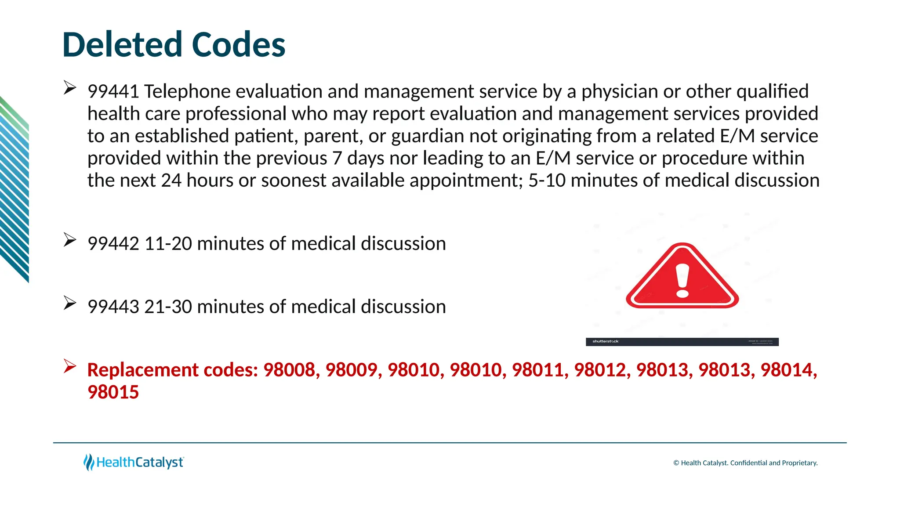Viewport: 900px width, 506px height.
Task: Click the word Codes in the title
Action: (239, 45)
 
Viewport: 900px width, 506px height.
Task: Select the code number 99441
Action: (113, 92)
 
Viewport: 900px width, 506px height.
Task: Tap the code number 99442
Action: (113, 244)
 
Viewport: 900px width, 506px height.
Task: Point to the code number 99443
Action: (113, 307)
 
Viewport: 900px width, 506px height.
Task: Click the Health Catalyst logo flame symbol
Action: (89, 463)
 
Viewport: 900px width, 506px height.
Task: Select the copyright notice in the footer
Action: (745, 463)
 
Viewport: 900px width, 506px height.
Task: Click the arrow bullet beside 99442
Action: (70, 240)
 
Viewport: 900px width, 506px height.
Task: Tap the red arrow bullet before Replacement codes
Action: (70, 366)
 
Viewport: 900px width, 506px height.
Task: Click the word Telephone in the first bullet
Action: (187, 92)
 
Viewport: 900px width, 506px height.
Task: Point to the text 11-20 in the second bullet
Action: (168, 244)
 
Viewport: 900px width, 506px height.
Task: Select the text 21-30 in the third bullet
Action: (168, 307)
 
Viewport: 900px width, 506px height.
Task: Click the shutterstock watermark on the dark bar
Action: (606, 341)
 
